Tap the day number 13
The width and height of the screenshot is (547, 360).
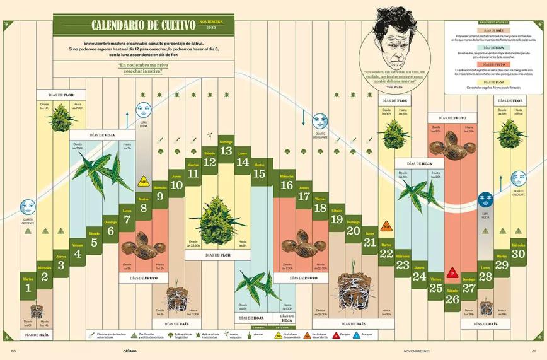coord(226,151)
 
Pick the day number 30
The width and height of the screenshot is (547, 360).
coord(518,253)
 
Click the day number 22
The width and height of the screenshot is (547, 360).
coord(386,253)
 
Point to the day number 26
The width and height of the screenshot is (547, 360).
coord(452,299)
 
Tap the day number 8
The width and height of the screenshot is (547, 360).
coord(144,207)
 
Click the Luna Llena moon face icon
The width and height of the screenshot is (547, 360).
coord(143,107)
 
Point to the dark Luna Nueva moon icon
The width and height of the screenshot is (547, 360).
coord(485,200)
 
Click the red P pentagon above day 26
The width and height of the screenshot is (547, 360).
coord(452,273)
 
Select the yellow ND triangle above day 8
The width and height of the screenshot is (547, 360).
coord(144,182)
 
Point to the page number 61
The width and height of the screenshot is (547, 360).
coord(533,351)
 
